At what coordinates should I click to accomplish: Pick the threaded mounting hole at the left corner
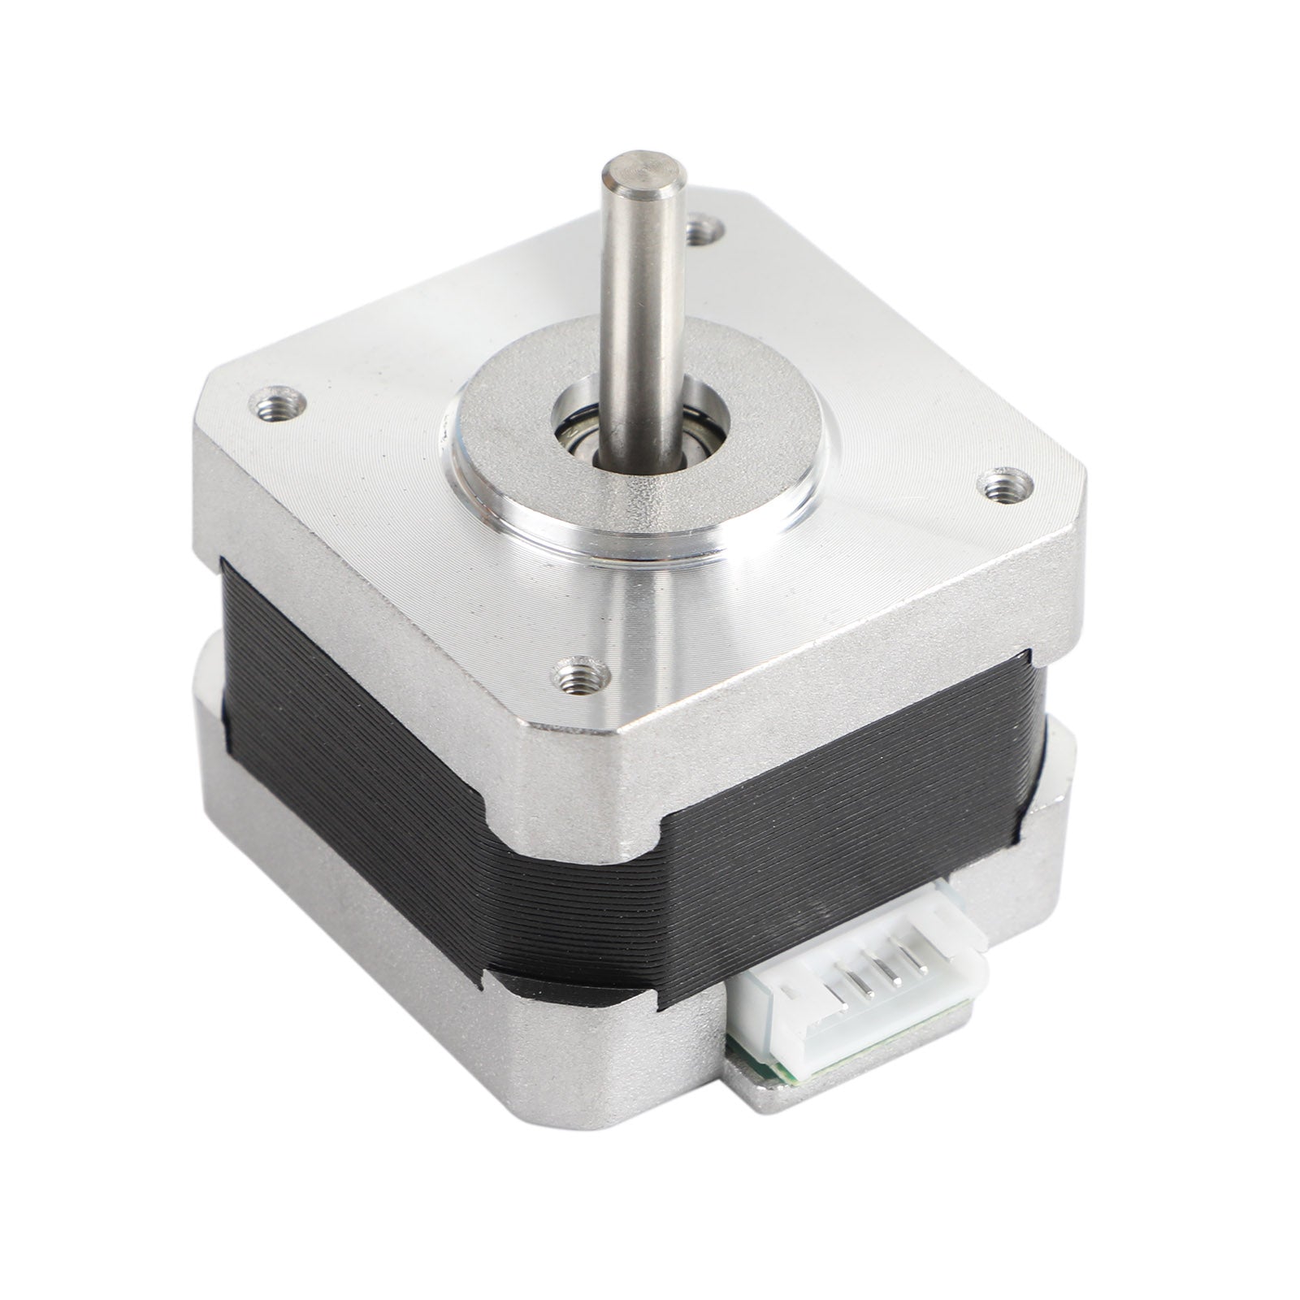click(278, 404)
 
